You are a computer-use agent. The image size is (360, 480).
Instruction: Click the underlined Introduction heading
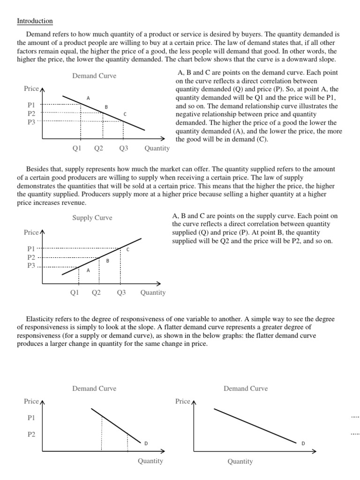coord(35,21)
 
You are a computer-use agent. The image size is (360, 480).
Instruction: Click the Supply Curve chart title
coord(92,218)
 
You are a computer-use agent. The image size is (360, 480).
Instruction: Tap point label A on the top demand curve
coord(88,98)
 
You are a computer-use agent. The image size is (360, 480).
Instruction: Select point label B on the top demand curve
coord(106,107)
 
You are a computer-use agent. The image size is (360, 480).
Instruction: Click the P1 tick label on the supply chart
coord(31,249)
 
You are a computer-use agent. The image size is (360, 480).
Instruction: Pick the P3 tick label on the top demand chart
coord(31,121)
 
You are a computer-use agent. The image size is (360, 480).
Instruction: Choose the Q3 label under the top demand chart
coord(124,149)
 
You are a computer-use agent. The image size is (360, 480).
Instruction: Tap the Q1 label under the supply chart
coord(74,292)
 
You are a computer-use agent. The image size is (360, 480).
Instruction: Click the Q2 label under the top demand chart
coord(98,149)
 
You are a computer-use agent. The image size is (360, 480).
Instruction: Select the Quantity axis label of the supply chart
coord(153,292)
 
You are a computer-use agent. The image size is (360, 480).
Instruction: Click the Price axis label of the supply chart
coord(31,232)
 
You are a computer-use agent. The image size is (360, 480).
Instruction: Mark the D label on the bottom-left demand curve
coord(145,443)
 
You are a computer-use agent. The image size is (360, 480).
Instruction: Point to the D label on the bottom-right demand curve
coord(303,443)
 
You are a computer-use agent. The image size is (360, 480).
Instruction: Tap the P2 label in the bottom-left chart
coord(31,435)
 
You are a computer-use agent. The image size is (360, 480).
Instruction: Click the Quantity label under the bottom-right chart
coord(240,462)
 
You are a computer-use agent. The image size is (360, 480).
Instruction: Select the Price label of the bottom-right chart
coord(183,401)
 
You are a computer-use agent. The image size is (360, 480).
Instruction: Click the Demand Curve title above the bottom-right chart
coord(246,389)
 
